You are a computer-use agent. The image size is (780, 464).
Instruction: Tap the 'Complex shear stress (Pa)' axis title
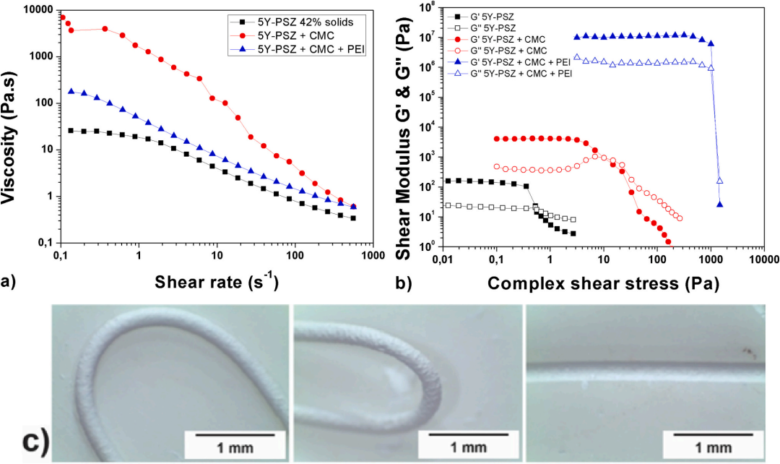point(603,283)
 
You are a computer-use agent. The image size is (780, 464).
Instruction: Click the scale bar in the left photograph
point(236,434)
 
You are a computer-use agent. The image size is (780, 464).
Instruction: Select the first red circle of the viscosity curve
point(63,17)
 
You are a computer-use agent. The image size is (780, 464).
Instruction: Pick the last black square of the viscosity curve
point(353,218)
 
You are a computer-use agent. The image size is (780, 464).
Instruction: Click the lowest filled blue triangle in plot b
point(720,205)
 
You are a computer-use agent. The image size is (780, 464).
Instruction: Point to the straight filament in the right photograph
point(643,365)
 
